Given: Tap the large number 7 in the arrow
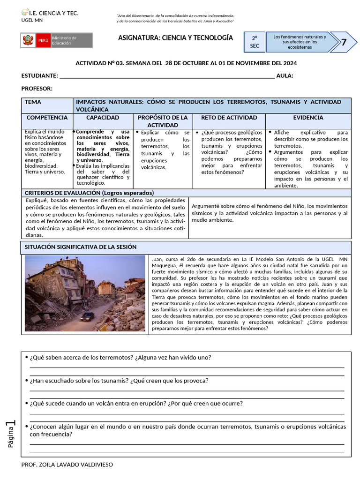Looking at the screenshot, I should click(x=344, y=42).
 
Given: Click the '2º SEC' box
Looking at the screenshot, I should click(x=255, y=42).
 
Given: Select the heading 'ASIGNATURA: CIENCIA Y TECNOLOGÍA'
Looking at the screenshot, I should click(x=175, y=37).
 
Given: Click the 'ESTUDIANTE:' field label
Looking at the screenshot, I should click(x=40, y=76).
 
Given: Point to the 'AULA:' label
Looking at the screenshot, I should click(x=285, y=76).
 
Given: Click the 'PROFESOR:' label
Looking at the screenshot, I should click(x=37, y=89).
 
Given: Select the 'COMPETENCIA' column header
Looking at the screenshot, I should click(x=47, y=118).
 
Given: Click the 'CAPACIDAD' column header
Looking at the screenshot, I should click(x=103, y=118).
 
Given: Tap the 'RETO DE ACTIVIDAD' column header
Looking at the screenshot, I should click(x=229, y=118).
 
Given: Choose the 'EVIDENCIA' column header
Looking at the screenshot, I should click(x=308, y=118).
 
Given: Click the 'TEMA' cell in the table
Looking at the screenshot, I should click(x=33, y=102).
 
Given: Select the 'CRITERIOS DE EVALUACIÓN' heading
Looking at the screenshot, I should click(x=89, y=193).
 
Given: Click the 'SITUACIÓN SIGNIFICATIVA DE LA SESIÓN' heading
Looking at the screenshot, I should click(x=80, y=247).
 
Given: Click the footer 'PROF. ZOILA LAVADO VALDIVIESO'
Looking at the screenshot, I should click(x=67, y=465).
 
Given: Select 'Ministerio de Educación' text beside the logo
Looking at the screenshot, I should click(x=64, y=40).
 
